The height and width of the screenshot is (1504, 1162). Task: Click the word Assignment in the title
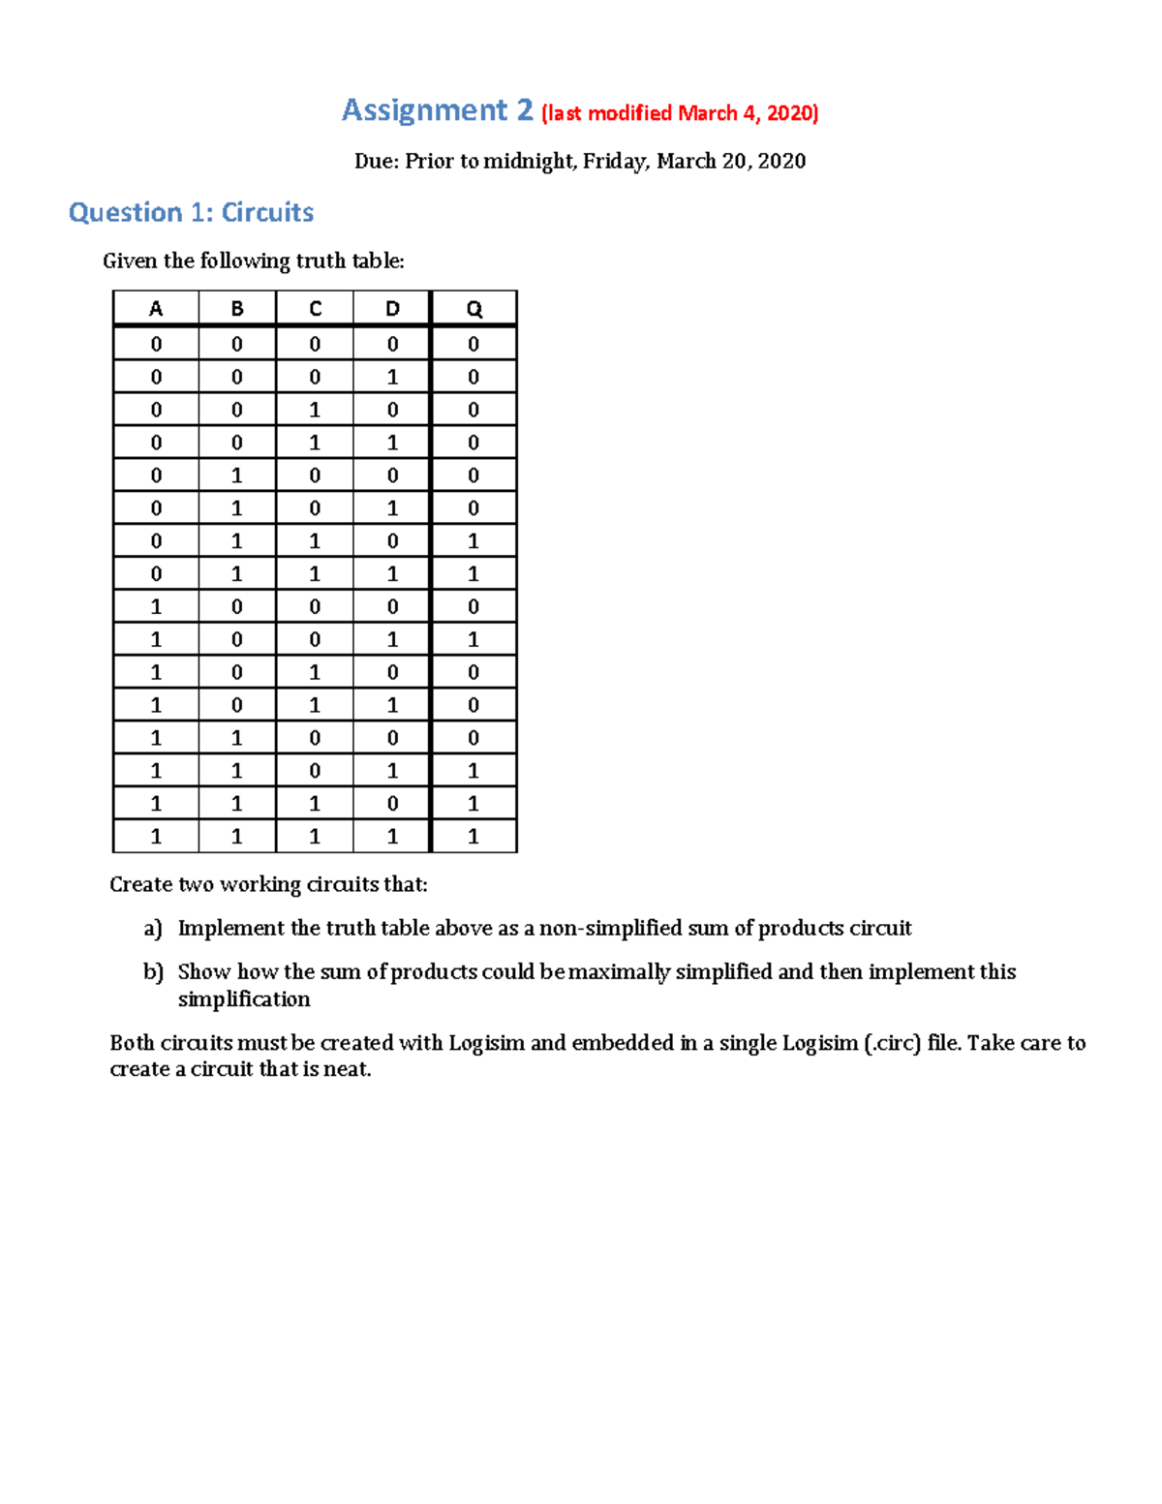(424, 111)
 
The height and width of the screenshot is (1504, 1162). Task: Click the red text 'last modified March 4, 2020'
(680, 113)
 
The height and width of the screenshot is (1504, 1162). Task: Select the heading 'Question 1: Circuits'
(191, 212)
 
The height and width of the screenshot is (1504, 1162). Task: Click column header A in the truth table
(156, 309)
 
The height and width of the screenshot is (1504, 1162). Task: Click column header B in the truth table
(237, 309)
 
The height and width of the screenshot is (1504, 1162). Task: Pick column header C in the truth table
(315, 309)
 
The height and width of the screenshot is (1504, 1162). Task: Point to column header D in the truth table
(392, 309)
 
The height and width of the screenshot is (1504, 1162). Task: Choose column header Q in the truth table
(474, 309)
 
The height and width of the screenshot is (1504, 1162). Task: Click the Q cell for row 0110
(474, 541)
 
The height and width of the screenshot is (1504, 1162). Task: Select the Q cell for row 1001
(474, 640)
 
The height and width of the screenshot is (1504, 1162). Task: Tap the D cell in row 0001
(392, 378)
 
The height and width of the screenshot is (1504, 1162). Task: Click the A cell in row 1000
(156, 607)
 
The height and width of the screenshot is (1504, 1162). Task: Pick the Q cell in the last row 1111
(474, 837)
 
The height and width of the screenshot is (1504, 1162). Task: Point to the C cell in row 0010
(315, 411)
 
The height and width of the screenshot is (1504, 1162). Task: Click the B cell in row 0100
(237, 476)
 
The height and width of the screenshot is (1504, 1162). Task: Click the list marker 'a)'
(153, 929)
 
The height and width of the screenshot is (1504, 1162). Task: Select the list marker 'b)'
(153, 972)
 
